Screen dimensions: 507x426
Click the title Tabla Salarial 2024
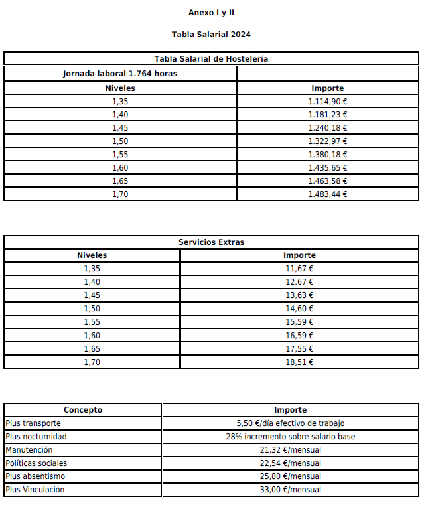click(211, 35)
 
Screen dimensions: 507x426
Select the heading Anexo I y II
click(211, 13)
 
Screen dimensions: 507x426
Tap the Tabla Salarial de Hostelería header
click(211, 59)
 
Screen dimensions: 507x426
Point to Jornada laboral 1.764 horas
click(120, 74)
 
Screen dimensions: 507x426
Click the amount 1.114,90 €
click(328, 102)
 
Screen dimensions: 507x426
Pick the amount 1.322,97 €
click(328, 141)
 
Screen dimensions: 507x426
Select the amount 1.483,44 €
click(328, 194)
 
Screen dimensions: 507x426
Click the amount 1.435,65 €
click(328, 168)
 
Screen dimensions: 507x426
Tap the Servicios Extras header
click(211, 242)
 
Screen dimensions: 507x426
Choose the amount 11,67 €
click(299, 269)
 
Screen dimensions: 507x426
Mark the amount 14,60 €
click(299, 309)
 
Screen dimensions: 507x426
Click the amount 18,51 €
click(299, 362)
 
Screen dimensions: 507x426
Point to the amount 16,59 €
click(299, 336)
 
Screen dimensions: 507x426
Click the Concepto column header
click(83, 410)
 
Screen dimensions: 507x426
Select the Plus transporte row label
click(33, 423)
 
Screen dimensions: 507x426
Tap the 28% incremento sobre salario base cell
click(291, 437)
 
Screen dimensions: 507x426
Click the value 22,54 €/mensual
click(291, 463)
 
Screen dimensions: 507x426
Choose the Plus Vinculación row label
click(35, 490)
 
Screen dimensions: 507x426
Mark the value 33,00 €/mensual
click(291, 490)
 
